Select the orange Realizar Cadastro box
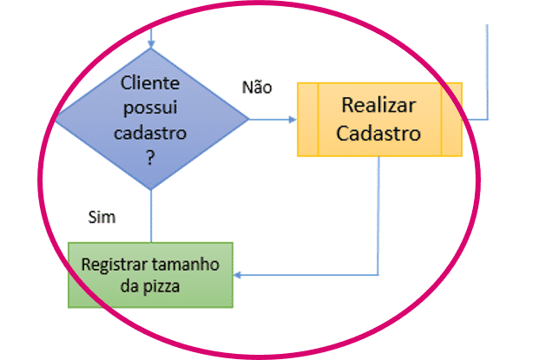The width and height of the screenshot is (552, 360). tap(379, 120)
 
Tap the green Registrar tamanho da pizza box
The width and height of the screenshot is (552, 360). tap(151, 274)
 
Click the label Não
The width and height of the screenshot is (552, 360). tap(257, 87)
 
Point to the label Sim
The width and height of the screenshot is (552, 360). tap(102, 216)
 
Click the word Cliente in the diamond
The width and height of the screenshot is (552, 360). tap(150, 83)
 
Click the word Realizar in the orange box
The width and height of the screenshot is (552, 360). tap(378, 106)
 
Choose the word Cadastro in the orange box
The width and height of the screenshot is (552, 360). tap(378, 134)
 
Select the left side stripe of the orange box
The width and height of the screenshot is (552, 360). tap(308, 120)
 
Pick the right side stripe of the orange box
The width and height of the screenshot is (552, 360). tap(451, 120)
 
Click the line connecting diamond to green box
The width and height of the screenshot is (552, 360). tap(151, 217)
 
